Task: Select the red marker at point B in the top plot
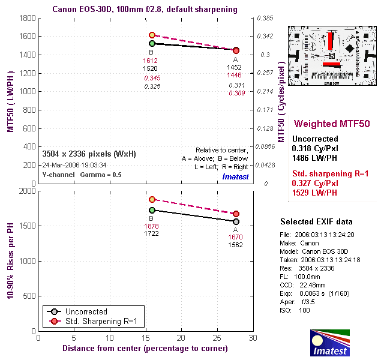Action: coord(152,35)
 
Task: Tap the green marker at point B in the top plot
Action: coord(152,44)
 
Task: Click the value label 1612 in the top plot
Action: coord(151,61)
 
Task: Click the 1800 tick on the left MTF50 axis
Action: coord(26,19)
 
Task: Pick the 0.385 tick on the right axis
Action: coord(265,19)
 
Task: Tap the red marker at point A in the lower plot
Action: coord(236,214)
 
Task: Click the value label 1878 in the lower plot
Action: coord(151,226)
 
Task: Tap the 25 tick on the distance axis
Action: coord(217,338)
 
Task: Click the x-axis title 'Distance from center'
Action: coord(144,348)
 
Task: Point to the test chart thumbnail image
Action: coord(331,49)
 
